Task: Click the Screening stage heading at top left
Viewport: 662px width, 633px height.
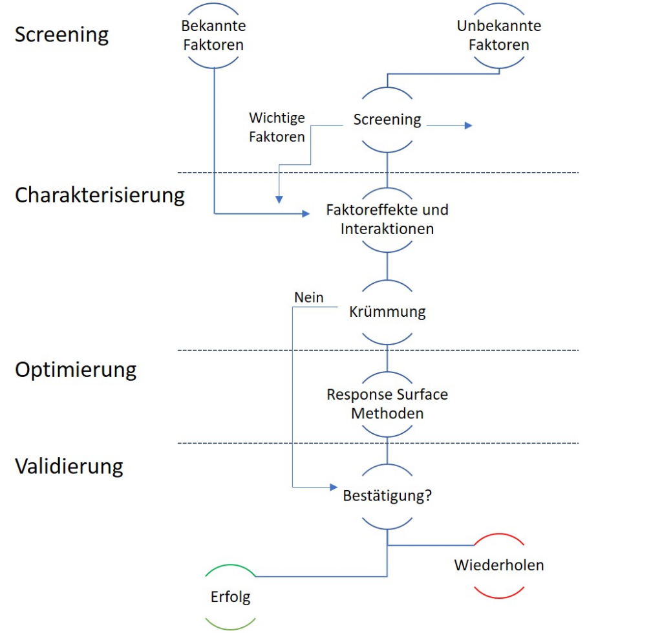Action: (61, 34)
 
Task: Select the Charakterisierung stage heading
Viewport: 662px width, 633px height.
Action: (100, 195)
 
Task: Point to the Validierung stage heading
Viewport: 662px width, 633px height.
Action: (69, 466)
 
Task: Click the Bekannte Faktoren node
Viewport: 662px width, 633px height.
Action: (213, 36)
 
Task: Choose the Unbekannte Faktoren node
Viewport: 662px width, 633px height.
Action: (498, 36)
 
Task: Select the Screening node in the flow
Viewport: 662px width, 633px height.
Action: (387, 120)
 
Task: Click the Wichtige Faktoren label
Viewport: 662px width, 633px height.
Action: (277, 127)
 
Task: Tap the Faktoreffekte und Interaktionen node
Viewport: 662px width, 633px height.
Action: (387, 220)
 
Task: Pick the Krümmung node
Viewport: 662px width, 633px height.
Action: (387, 312)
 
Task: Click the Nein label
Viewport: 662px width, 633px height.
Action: (308, 297)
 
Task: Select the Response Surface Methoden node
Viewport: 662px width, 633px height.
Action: (387, 403)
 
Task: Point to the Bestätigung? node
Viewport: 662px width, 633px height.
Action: (387, 497)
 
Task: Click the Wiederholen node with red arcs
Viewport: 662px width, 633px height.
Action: (498, 565)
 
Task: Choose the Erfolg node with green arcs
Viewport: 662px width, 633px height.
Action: (230, 597)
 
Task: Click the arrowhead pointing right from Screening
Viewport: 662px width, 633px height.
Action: (468, 125)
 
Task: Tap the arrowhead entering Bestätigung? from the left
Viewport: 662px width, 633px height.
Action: (334, 487)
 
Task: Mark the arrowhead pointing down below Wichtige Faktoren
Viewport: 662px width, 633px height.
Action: (278, 199)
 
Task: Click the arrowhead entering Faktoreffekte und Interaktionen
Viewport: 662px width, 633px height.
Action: (306, 213)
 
